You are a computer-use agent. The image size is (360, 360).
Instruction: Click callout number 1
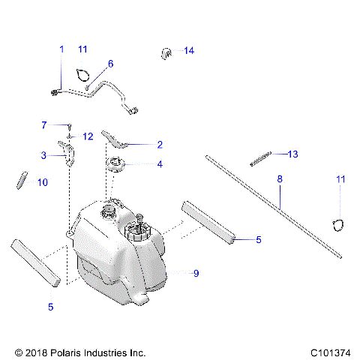tap(61, 49)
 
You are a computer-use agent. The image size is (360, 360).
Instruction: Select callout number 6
tap(110, 64)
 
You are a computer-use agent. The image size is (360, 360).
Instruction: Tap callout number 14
tap(188, 51)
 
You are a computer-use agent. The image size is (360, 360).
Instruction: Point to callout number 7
tap(44, 124)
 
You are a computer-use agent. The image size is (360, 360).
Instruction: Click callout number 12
tap(88, 136)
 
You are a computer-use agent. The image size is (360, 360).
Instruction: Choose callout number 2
tap(159, 144)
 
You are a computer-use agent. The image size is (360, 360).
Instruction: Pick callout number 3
tap(44, 155)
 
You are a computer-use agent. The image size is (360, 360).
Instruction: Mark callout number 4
tap(159, 164)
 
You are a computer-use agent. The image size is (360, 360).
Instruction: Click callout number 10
tap(42, 182)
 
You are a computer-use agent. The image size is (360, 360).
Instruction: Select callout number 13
tap(292, 154)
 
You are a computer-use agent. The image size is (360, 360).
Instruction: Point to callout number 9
tap(196, 274)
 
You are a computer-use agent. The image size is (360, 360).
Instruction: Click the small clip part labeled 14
tap(166, 52)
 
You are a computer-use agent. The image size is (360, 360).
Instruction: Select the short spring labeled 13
tap(259, 159)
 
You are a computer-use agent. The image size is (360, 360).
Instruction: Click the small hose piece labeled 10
tap(22, 181)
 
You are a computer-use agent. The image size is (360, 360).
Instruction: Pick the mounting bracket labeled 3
tap(70, 154)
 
